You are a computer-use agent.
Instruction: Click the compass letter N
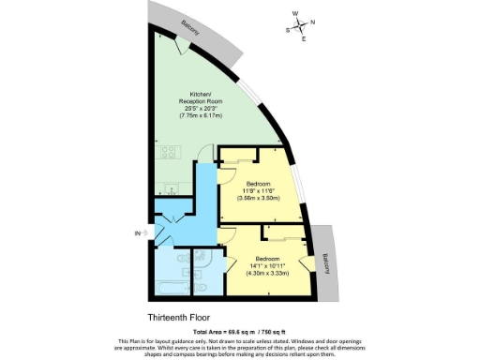[312, 21]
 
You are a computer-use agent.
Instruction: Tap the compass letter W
[295, 14]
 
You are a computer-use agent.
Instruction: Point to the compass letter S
[289, 30]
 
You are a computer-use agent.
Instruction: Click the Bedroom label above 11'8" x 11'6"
[258, 183]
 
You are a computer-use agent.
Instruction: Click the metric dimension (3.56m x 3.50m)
[258, 198]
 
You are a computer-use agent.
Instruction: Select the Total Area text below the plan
[239, 332]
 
